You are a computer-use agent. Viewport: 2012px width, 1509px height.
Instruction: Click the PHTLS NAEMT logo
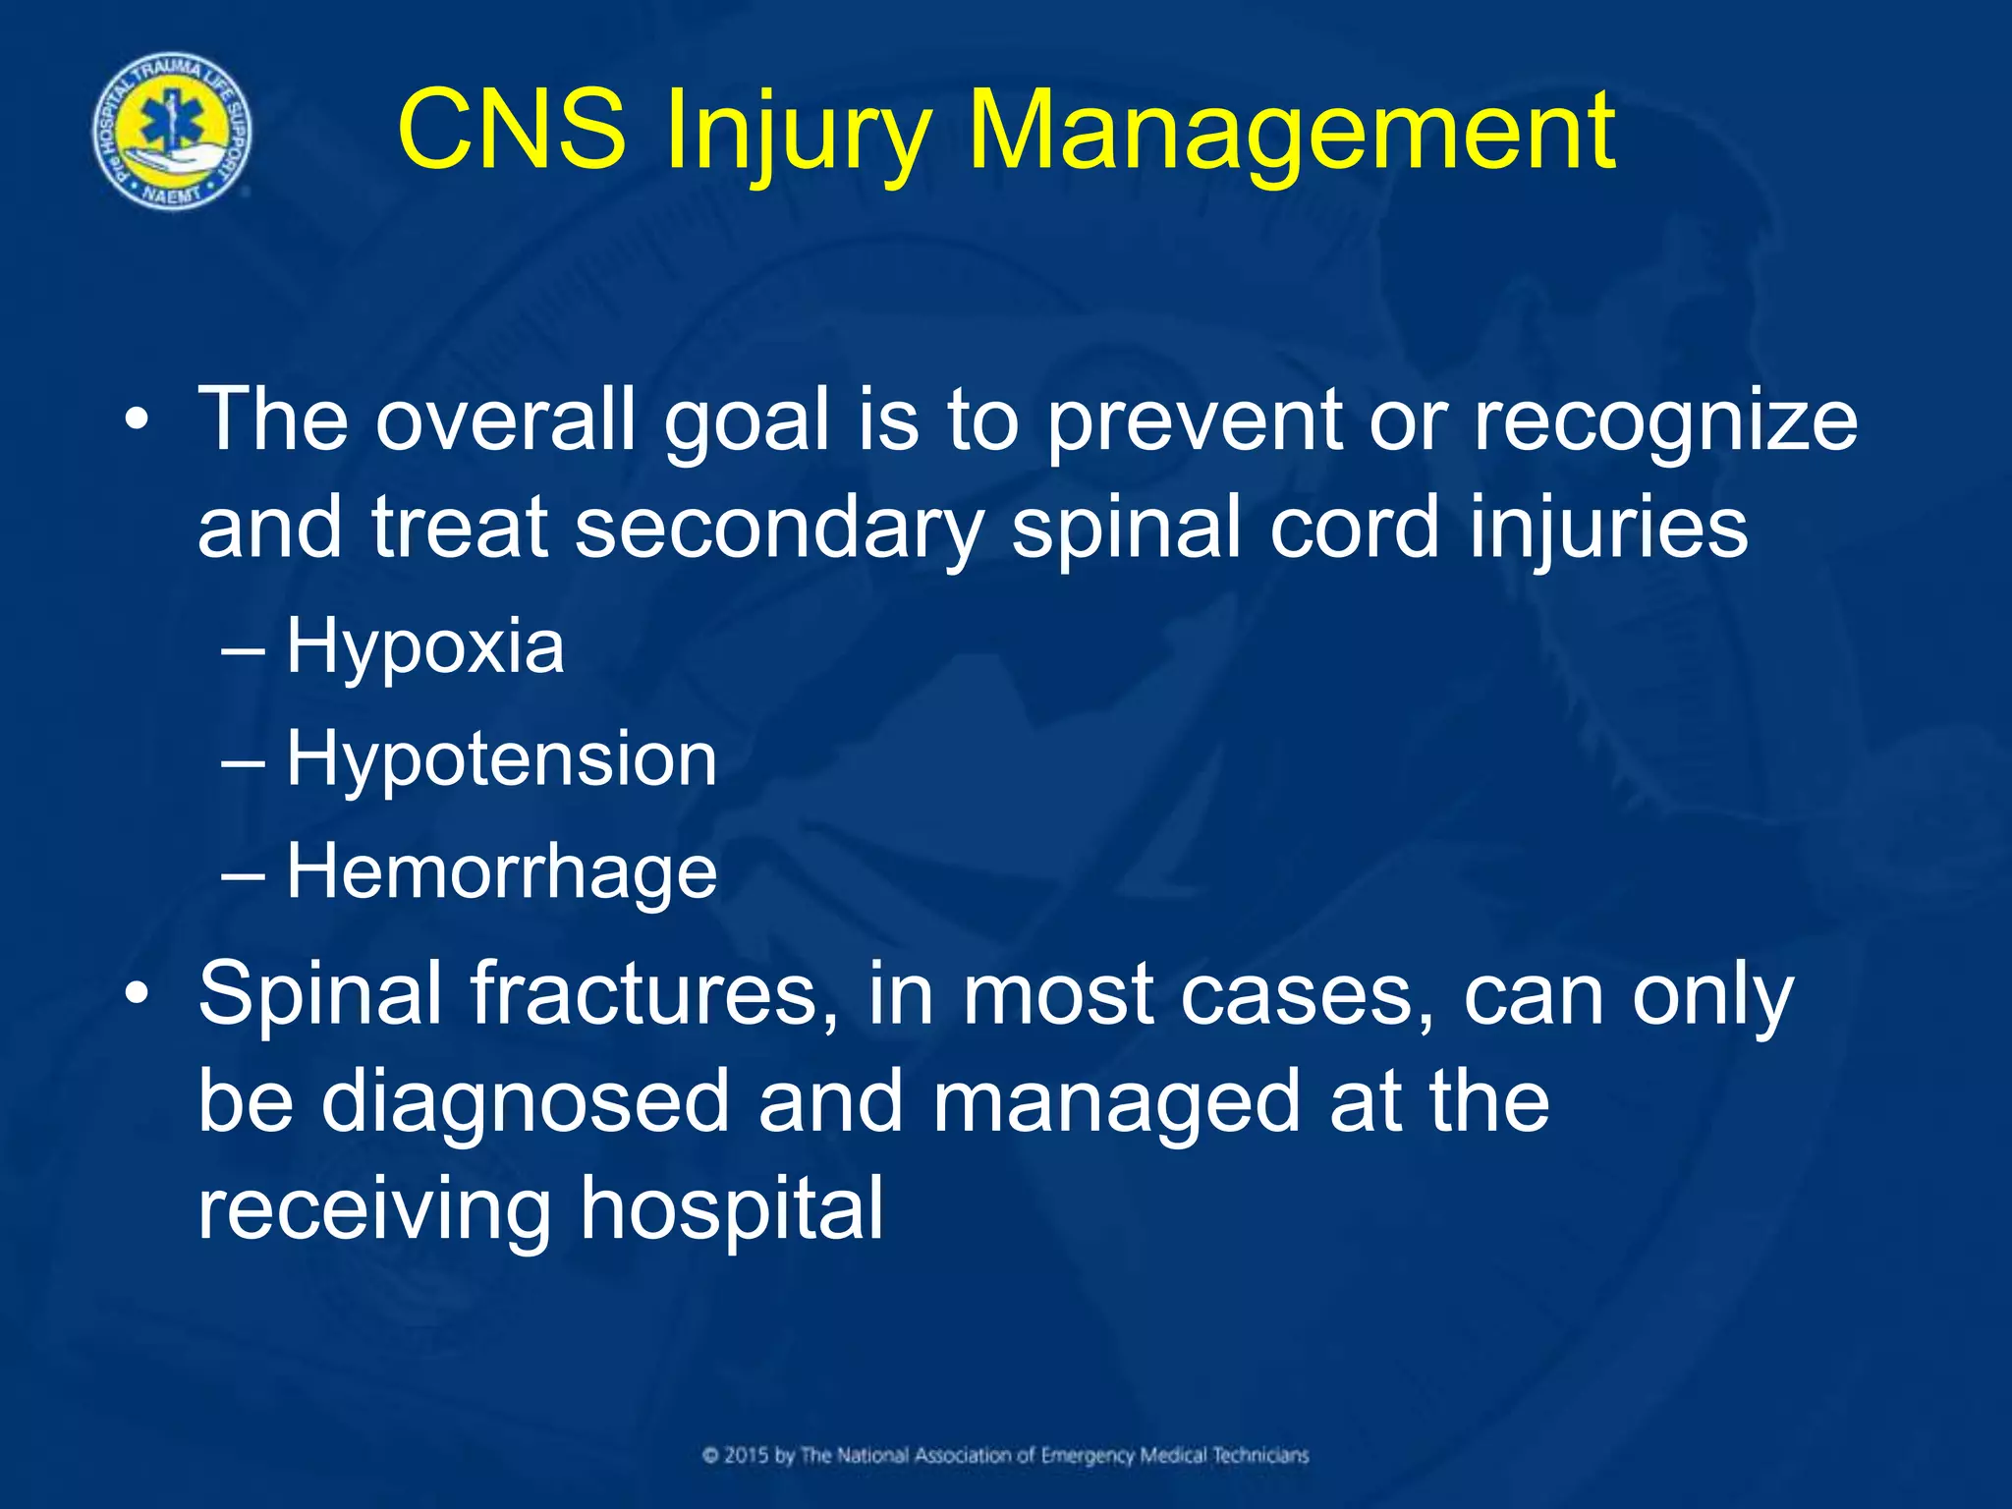[x=172, y=131]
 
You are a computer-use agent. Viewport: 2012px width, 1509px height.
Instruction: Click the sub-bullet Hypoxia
[x=424, y=647]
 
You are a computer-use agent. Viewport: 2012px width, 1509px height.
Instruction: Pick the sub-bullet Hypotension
[x=501, y=760]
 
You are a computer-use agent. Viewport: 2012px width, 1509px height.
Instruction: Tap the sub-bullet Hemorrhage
[x=501, y=872]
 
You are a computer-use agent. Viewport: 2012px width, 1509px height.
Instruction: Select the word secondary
[x=779, y=529]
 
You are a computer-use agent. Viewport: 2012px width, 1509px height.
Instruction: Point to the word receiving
[x=374, y=1210]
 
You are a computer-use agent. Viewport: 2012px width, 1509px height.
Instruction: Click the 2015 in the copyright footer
[x=748, y=1455]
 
